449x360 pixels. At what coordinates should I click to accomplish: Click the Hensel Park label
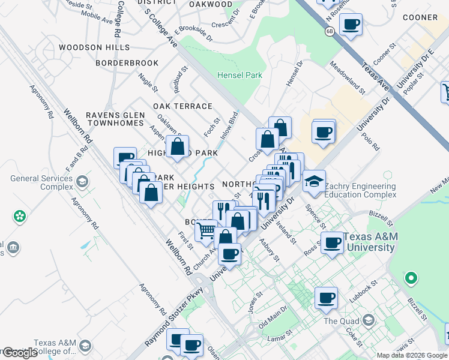(x=239, y=76)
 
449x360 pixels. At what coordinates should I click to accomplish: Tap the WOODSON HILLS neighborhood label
(x=94, y=47)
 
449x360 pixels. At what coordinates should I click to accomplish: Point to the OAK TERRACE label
(x=182, y=106)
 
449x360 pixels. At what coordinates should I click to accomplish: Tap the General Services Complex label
(x=41, y=182)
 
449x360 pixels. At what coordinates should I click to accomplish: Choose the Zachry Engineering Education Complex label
(x=360, y=190)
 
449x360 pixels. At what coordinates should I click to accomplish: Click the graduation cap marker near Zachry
(x=314, y=182)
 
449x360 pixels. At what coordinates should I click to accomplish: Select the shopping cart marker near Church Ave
(x=206, y=230)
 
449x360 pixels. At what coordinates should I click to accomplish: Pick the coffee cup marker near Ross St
(x=332, y=243)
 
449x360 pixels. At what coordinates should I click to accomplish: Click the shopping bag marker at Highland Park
(x=178, y=146)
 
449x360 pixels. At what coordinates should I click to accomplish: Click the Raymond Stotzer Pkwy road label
(x=174, y=318)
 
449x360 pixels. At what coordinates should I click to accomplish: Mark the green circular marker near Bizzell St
(x=411, y=278)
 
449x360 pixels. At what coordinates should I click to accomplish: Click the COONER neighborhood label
(x=420, y=18)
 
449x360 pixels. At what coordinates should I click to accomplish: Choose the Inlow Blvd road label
(x=229, y=125)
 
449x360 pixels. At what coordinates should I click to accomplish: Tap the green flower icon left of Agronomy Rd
(x=20, y=215)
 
